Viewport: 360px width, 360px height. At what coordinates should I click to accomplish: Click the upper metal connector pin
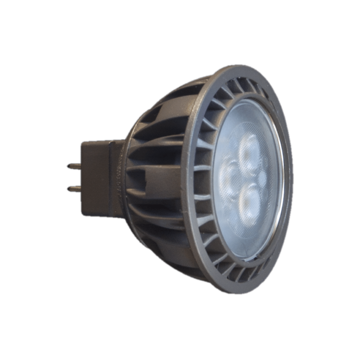(x=73, y=166)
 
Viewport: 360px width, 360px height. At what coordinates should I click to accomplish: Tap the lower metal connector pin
(x=73, y=189)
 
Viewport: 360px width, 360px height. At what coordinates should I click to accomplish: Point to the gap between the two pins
(x=74, y=178)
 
